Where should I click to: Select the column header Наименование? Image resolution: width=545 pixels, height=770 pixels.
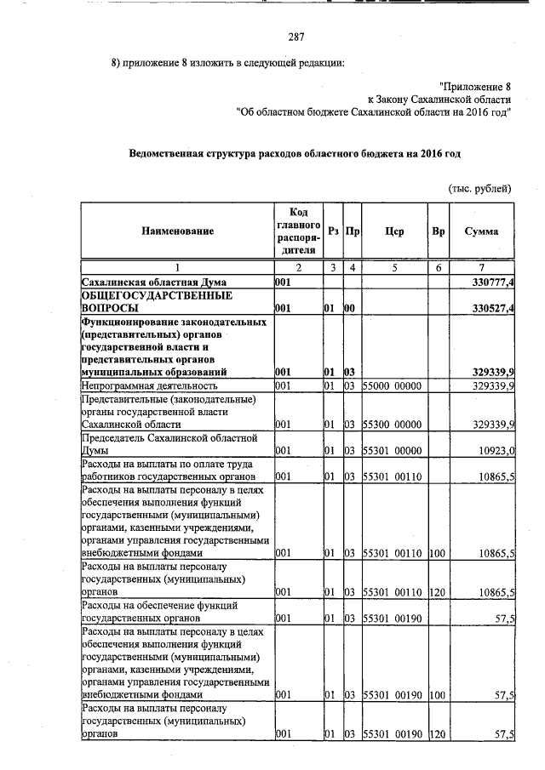[x=178, y=231]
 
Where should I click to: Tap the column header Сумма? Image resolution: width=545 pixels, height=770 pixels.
[x=481, y=231]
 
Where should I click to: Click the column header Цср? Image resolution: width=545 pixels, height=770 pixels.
[x=393, y=231]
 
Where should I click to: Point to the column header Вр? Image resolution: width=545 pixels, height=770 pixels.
[x=438, y=231]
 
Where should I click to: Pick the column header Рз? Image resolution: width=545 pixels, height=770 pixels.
[x=333, y=231]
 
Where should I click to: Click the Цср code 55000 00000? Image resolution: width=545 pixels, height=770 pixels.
[x=393, y=386]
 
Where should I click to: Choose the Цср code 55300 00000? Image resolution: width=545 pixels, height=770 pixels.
[x=393, y=423]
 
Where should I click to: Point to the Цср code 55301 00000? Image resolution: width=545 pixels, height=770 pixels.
[x=393, y=450]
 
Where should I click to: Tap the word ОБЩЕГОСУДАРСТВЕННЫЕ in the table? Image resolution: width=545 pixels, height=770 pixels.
[x=158, y=294]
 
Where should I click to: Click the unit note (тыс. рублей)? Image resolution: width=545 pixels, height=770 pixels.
[x=479, y=188]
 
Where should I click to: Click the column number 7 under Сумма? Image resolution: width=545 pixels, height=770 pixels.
[x=481, y=267]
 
